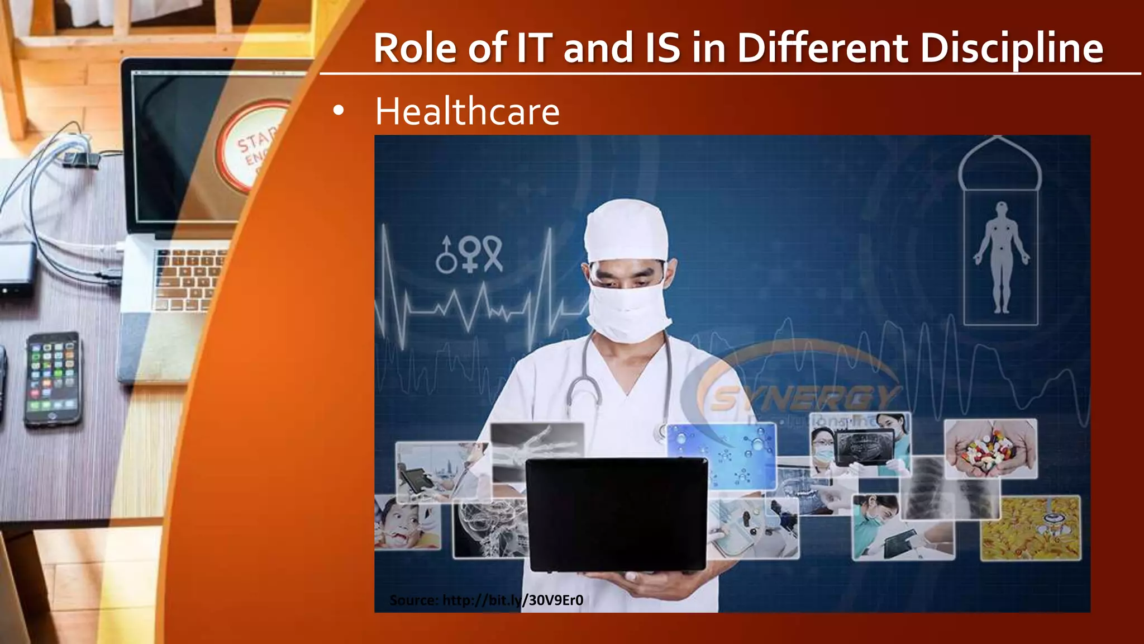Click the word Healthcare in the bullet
tap(467, 111)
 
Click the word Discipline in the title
tap(1011, 48)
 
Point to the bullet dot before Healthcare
tap(338, 111)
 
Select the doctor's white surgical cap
tap(626, 230)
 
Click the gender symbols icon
tap(469, 254)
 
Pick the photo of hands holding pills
tap(990, 448)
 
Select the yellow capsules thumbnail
tap(1031, 528)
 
